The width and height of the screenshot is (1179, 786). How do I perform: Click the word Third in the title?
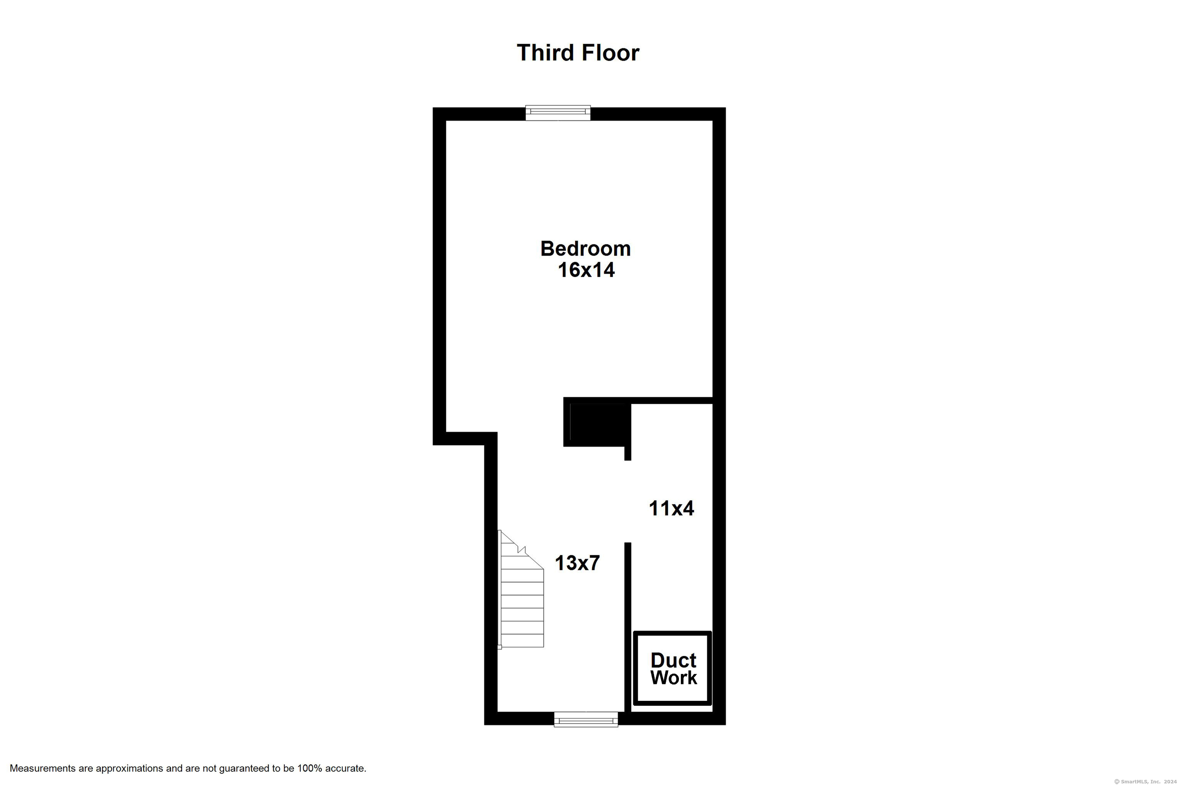(545, 53)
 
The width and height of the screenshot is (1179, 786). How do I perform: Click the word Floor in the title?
(611, 53)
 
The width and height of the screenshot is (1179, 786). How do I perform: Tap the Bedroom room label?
(586, 249)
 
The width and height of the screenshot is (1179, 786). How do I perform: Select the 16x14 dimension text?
(586, 270)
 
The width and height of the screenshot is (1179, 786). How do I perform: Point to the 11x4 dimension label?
(671, 508)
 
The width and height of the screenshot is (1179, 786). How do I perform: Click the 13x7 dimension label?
(577, 563)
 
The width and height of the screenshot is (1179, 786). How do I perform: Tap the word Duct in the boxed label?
(673, 660)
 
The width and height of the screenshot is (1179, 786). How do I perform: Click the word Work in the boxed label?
(674, 678)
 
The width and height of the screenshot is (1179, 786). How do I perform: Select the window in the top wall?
(558, 113)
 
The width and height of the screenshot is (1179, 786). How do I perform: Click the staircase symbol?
(521, 589)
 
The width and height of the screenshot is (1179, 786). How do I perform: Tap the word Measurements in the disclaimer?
(43, 768)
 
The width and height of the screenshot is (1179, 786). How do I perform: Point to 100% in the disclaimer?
(309, 768)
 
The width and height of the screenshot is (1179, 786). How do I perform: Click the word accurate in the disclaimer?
(345, 768)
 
